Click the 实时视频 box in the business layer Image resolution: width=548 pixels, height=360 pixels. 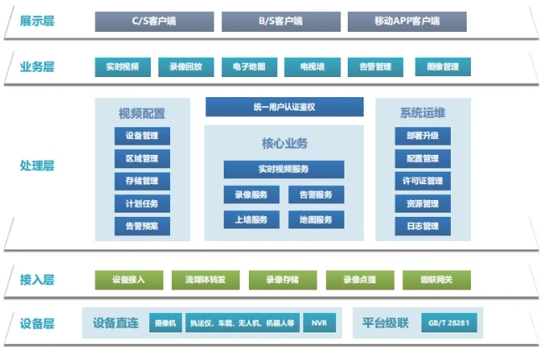tap(123, 66)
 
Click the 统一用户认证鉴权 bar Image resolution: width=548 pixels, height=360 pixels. tap(285, 106)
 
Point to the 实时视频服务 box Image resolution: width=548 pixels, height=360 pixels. tap(283, 169)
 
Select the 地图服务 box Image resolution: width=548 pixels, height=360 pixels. tap(316, 219)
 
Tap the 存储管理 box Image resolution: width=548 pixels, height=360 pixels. tap(142, 181)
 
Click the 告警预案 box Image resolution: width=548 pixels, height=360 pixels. tap(142, 225)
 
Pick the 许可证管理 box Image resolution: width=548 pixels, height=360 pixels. tap(422, 181)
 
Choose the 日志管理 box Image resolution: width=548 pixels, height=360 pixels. tap(422, 225)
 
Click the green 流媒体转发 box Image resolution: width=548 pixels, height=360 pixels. tap(205, 280)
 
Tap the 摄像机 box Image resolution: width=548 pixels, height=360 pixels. tap(163, 323)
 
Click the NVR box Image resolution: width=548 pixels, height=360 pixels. tap(318, 323)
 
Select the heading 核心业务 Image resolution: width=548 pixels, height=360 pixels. tap(284, 143)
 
